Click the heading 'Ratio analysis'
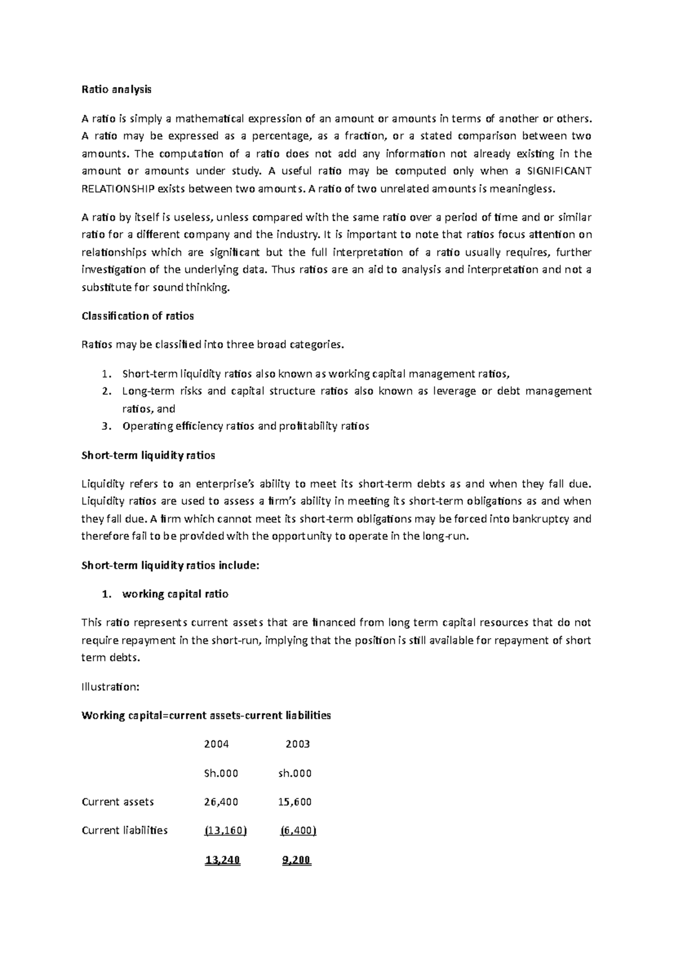pyautogui.click(x=116, y=89)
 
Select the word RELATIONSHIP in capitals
pyautogui.click(x=117, y=189)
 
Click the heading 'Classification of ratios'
pyautogui.click(x=138, y=316)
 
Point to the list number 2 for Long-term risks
pyautogui.click(x=107, y=391)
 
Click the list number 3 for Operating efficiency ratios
pyautogui.click(x=107, y=426)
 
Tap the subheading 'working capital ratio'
pyautogui.click(x=175, y=594)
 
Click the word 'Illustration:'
pyautogui.click(x=110, y=686)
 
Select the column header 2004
pyautogui.click(x=216, y=744)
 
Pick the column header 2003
pyautogui.click(x=298, y=744)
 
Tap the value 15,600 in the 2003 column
pyautogui.click(x=295, y=802)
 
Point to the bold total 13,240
pyautogui.click(x=223, y=860)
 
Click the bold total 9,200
pyautogui.click(x=297, y=860)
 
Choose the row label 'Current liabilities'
pyautogui.click(x=125, y=830)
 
